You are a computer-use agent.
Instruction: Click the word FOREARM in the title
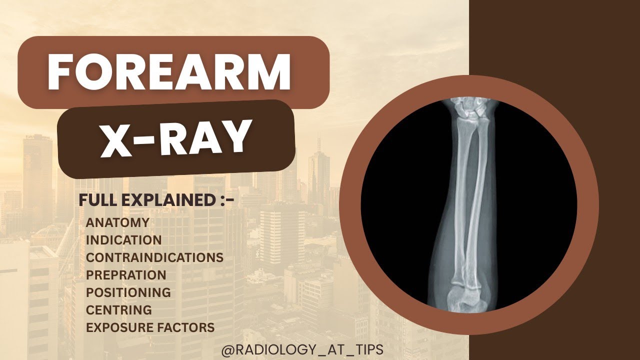pyautogui.click(x=169, y=72)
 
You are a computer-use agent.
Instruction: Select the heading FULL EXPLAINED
pyautogui.click(x=156, y=200)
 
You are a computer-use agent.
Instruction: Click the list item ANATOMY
pyautogui.click(x=117, y=222)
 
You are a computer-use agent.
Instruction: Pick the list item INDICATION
pyautogui.click(x=123, y=240)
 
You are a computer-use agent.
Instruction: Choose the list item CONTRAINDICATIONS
pyautogui.click(x=154, y=257)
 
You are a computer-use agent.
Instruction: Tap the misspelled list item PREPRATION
pyautogui.click(x=126, y=275)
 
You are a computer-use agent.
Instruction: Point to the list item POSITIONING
pyautogui.click(x=128, y=292)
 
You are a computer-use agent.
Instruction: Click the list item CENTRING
pyautogui.click(x=118, y=310)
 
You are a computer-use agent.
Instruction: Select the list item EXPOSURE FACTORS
pyautogui.click(x=150, y=327)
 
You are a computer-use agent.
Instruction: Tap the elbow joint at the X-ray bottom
pyautogui.click(x=465, y=295)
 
